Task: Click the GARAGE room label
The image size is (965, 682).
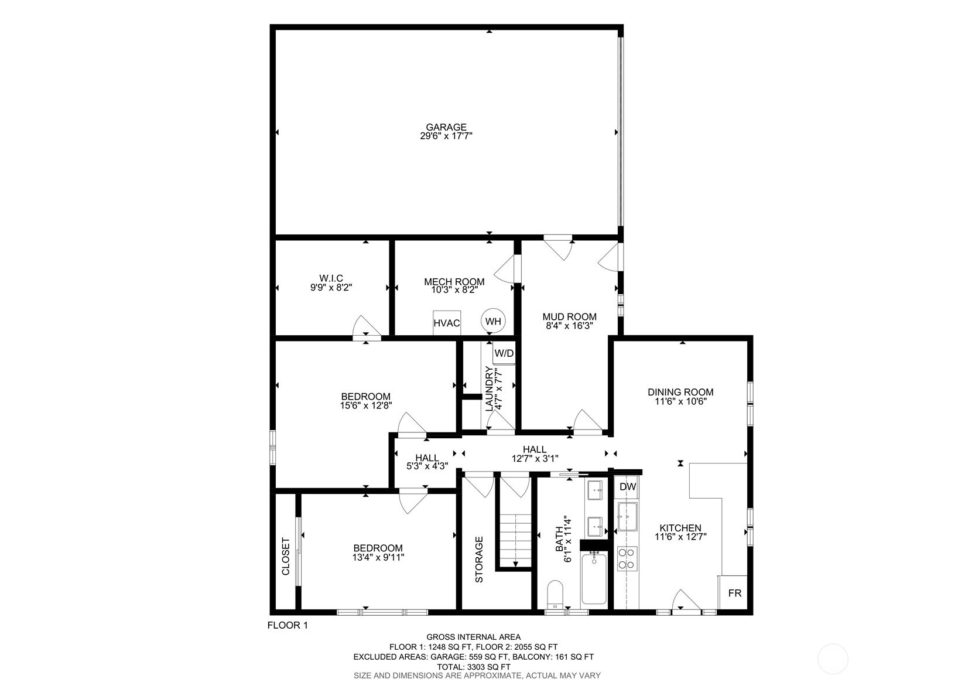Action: click(x=446, y=127)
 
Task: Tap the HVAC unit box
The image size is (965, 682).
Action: click(x=447, y=323)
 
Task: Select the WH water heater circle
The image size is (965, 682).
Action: click(x=493, y=321)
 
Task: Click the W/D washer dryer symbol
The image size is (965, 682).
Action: click(x=504, y=353)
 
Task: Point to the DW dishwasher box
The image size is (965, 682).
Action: click(x=628, y=487)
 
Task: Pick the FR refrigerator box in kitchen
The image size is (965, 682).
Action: click(x=734, y=594)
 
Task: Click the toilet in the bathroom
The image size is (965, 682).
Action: click(x=555, y=594)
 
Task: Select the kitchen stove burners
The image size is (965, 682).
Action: click(x=627, y=558)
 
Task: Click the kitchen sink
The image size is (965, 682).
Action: click(x=627, y=516)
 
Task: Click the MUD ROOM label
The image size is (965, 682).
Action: click(x=569, y=317)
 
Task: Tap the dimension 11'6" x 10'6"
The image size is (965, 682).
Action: click(x=680, y=402)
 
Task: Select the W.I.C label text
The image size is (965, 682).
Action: click(x=331, y=278)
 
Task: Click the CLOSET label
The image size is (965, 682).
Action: click(x=286, y=556)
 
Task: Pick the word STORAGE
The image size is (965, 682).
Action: click(x=479, y=560)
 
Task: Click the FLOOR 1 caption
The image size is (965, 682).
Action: click(x=288, y=625)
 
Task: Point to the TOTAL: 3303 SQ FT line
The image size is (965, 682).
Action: click(x=473, y=667)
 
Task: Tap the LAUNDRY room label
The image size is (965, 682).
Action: click(x=489, y=388)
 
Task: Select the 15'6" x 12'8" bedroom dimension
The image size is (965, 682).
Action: click(x=365, y=405)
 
